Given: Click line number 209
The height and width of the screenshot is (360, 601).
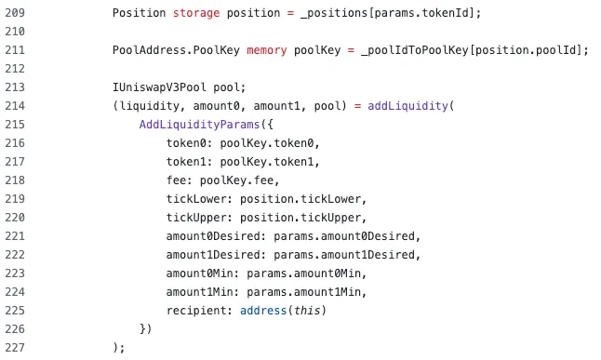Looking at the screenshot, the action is [15, 13].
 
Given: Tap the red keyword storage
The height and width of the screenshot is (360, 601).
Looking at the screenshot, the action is [196, 13].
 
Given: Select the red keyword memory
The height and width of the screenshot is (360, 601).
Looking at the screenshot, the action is [267, 50].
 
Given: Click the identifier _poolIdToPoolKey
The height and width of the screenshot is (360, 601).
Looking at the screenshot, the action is [415, 50].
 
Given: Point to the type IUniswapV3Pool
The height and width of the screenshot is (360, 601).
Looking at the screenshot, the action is [159, 87].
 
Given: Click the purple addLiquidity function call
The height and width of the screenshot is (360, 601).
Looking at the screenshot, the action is [407, 106].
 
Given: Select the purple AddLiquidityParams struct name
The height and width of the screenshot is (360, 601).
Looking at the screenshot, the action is [200, 125].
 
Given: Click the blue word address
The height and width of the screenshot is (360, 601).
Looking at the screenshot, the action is [263, 311].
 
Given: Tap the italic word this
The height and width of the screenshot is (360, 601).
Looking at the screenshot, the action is [307, 311].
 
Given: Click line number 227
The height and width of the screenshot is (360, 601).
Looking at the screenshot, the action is [15, 348].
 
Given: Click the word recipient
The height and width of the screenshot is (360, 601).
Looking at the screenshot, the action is [196, 311].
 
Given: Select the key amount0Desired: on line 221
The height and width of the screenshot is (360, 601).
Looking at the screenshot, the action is [216, 236].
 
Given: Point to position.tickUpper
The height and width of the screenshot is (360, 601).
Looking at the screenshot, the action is [300, 218].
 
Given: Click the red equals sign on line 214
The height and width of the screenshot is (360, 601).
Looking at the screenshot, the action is [357, 106].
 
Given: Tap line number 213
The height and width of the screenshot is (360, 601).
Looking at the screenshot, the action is [15, 87].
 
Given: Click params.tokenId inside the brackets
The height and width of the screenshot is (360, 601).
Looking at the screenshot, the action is [421, 13].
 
